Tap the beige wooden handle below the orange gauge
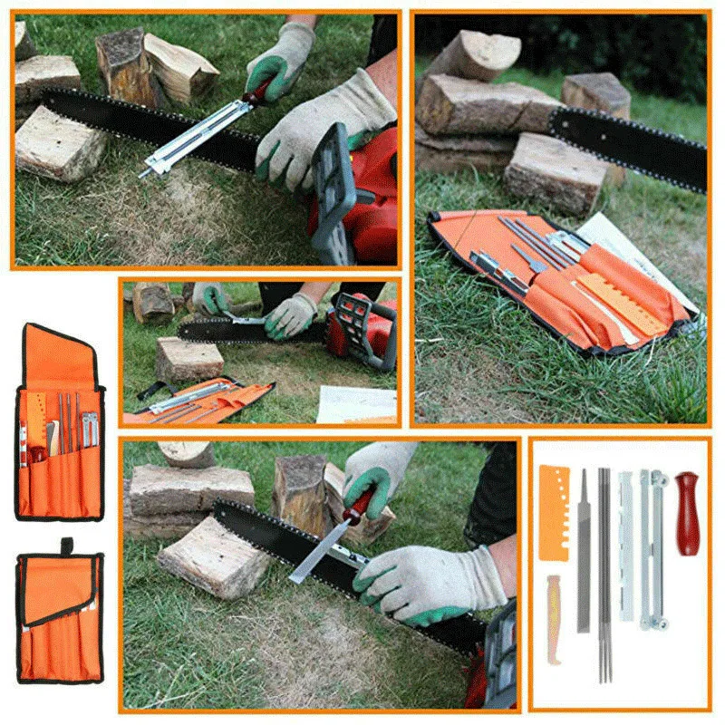(553, 607)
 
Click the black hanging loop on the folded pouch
(66, 546)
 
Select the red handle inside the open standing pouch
(37, 452)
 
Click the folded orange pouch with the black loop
(60, 616)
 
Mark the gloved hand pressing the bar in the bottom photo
(426, 580)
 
